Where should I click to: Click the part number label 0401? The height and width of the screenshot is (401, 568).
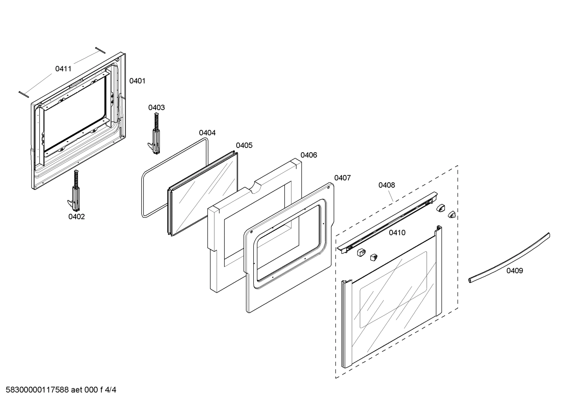click(x=137, y=81)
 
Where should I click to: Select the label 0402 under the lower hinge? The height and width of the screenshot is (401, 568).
click(x=76, y=216)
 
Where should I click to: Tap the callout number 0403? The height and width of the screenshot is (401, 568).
click(x=156, y=107)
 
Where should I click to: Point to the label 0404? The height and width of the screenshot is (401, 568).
click(x=207, y=133)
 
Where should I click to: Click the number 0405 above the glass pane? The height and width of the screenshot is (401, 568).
click(x=244, y=145)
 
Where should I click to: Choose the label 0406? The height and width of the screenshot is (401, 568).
click(x=308, y=155)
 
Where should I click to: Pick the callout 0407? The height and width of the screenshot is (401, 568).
click(x=342, y=178)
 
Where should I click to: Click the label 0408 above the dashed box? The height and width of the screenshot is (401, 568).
click(x=386, y=185)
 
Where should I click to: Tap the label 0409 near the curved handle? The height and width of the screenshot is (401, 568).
click(x=514, y=270)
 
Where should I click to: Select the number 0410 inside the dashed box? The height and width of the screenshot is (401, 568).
click(x=397, y=233)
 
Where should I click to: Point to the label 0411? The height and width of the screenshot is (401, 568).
click(x=63, y=69)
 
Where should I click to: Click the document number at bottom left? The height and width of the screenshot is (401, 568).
click(x=59, y=390)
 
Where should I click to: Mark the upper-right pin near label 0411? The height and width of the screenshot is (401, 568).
click(x=100, y=50)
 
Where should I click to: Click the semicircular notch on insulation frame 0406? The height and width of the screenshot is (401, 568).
click(x=255, y=187)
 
